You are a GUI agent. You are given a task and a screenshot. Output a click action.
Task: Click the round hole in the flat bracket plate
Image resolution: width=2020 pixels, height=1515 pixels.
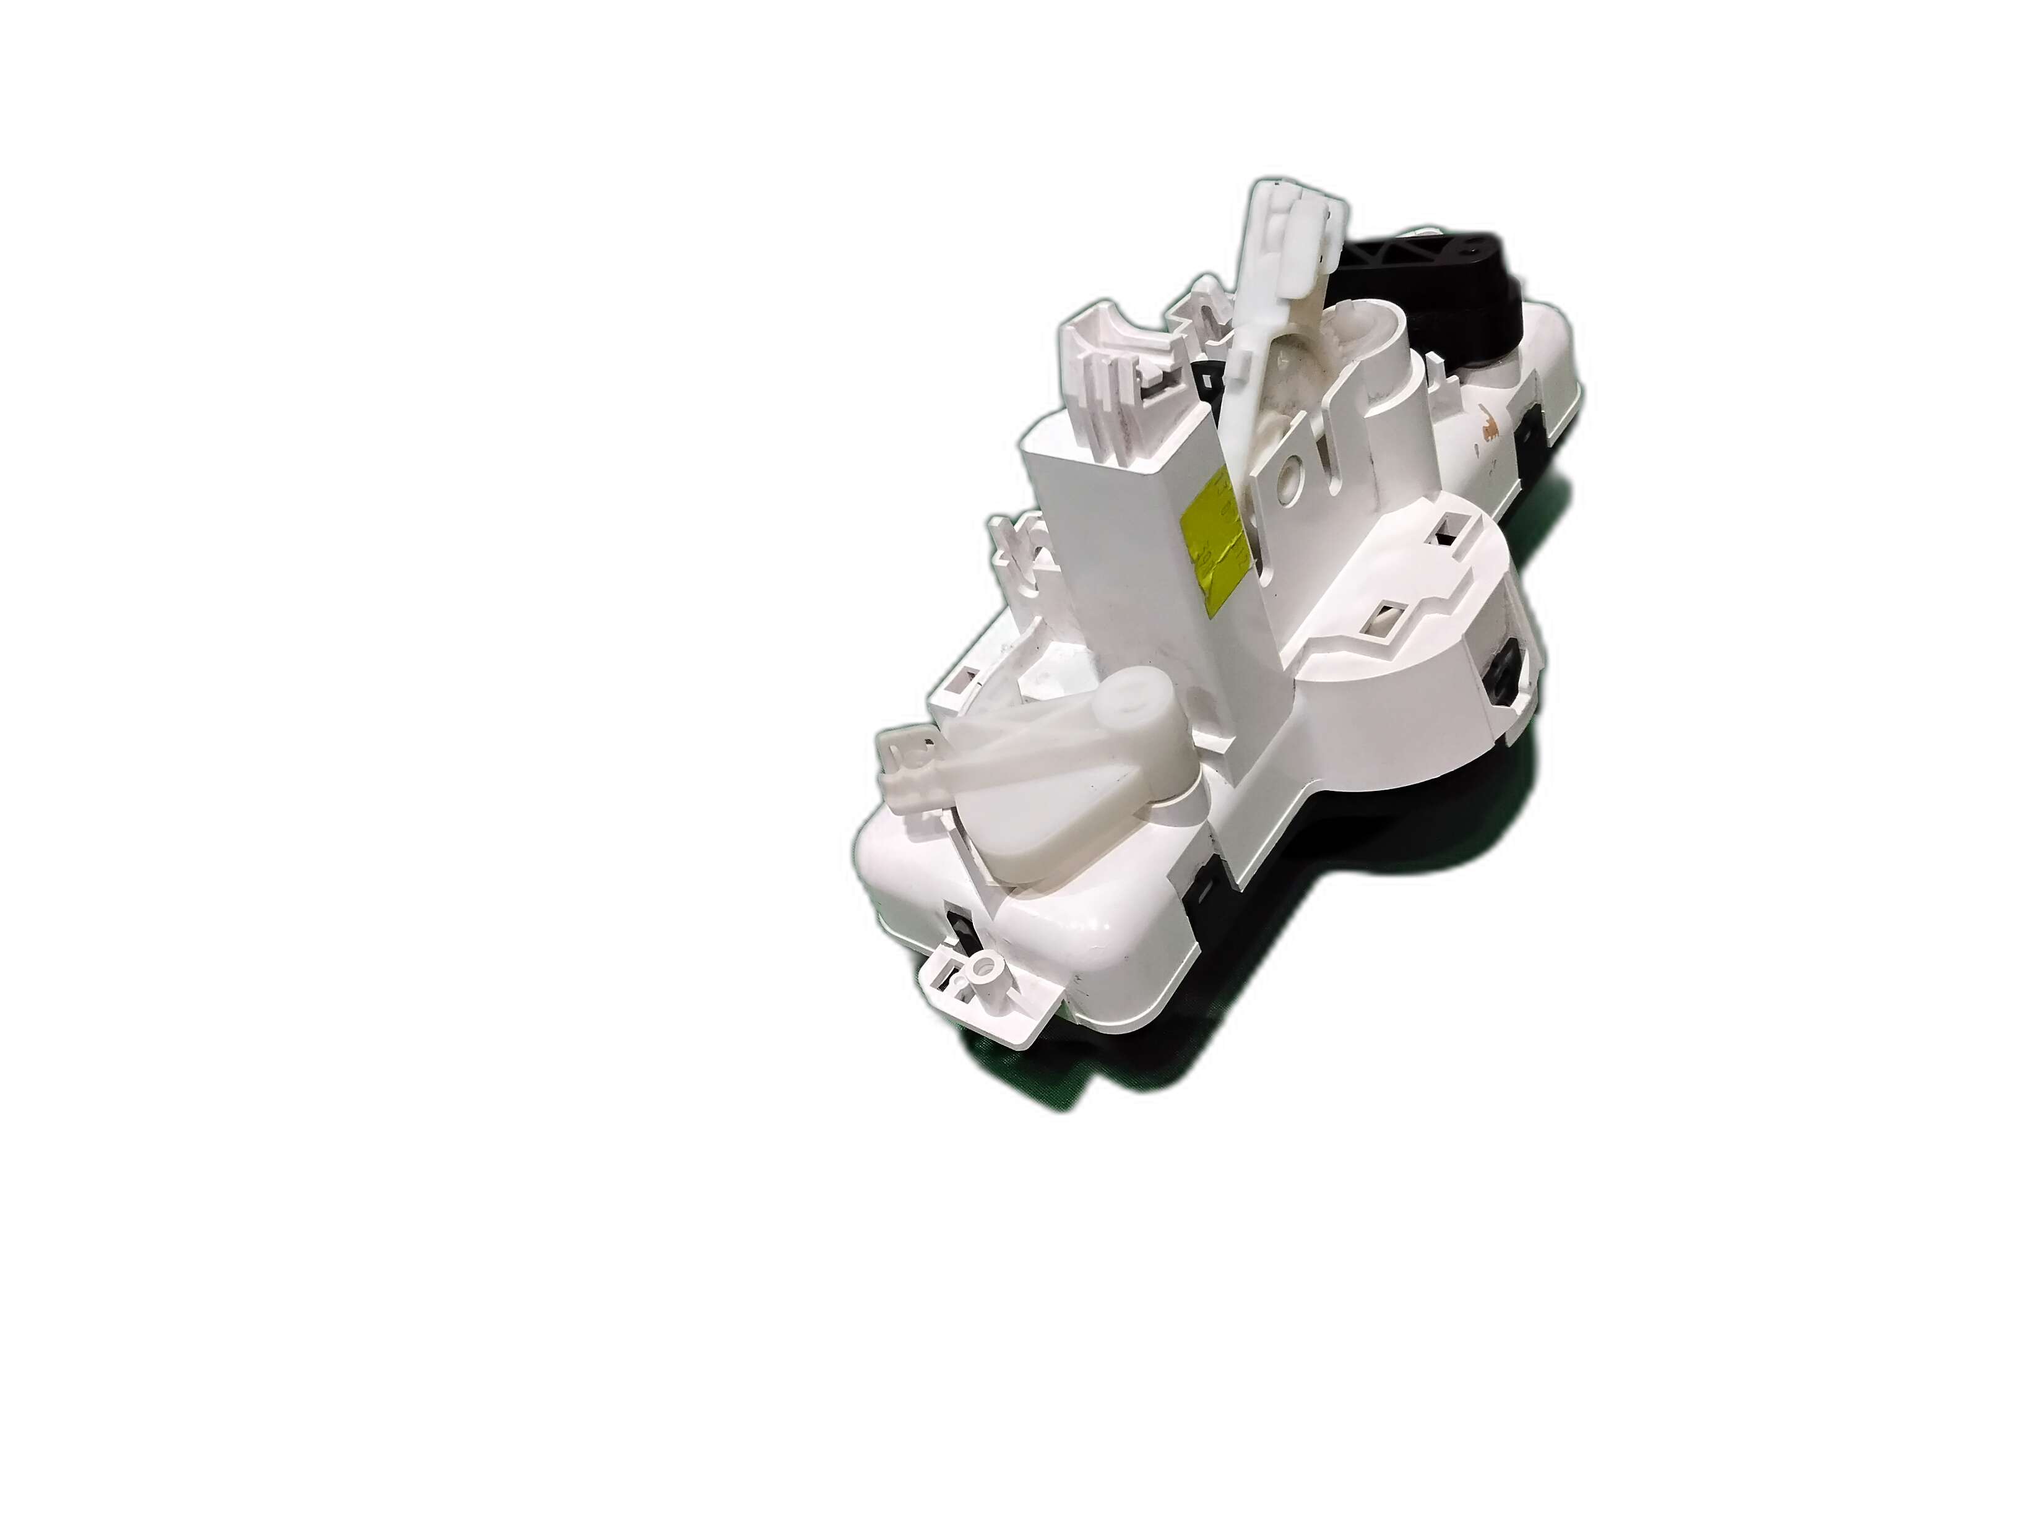click(1292, 475)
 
